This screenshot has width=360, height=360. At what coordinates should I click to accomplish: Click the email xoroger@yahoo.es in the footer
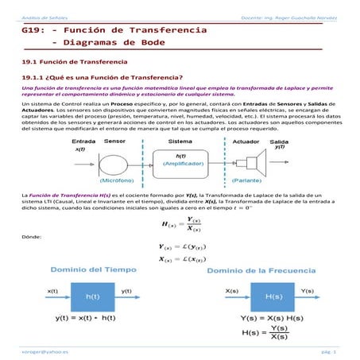[40, 350]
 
